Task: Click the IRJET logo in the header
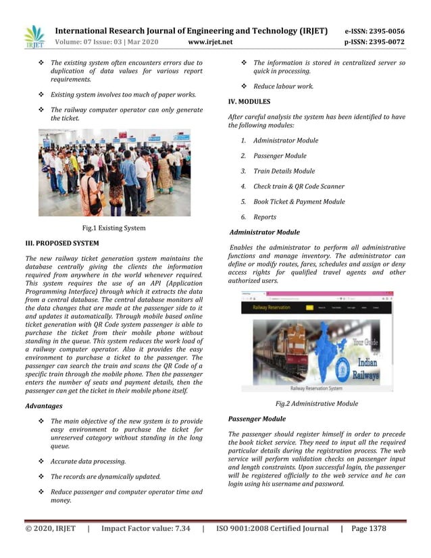click(33, 37)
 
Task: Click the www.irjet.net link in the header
click(210, 42)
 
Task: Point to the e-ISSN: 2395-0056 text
click(374, 31)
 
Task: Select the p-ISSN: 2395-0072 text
click(374, 42)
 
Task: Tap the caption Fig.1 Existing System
click(113, 228)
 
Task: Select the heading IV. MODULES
click(249, 101)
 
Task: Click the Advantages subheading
click(43, 406)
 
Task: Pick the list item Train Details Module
click(284, 171)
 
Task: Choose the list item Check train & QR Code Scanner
click(299, 186)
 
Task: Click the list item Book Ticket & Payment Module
click(299, 201)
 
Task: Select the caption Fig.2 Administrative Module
click(317, 403)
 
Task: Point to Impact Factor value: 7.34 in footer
click(145, 528)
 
